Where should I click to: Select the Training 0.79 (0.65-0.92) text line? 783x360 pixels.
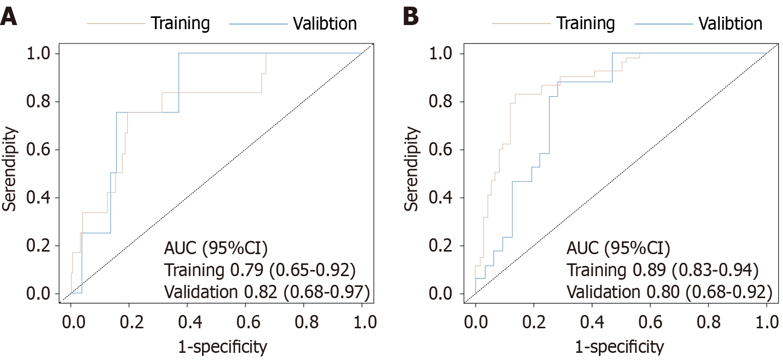click(x=266, y=270)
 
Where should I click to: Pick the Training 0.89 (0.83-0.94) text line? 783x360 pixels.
click(x=669, y=270)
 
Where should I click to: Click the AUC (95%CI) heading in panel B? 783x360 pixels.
click(x=618, y=249)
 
